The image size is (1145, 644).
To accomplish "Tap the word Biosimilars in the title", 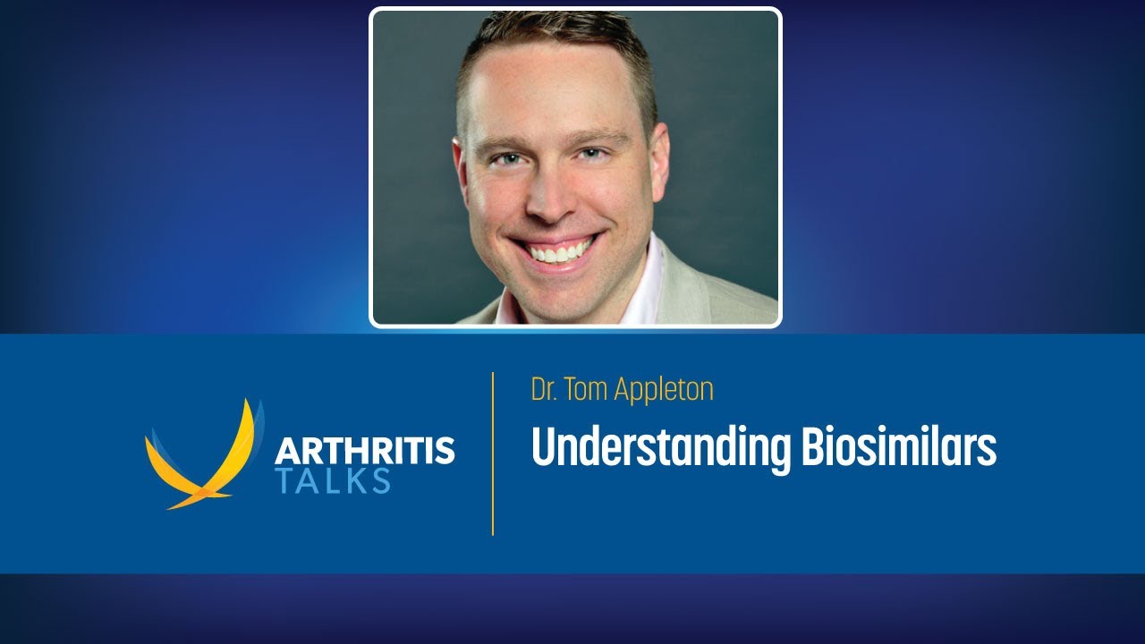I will coord(898,446).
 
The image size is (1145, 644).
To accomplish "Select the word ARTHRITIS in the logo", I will coord(364,450).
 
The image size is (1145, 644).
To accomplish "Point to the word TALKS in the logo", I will coord(333,480).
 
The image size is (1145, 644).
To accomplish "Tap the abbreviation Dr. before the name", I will coord(545,390).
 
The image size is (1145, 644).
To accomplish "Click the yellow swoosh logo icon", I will coord(201,456).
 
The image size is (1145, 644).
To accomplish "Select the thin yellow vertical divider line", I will coord(493,453).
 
